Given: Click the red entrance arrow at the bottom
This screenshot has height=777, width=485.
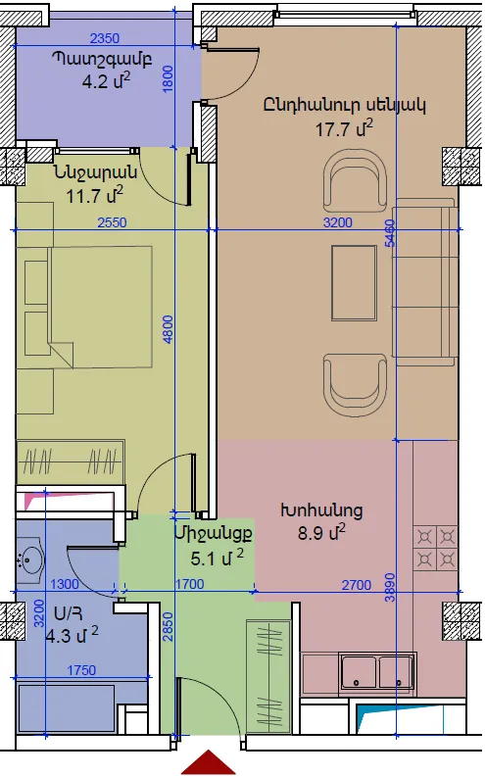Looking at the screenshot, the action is (208, 763).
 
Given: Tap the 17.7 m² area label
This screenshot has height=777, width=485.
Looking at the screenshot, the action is (344, 128).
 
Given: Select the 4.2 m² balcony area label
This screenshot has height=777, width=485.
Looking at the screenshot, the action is (106, 80).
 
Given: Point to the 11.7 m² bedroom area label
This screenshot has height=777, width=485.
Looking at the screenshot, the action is (94, 195).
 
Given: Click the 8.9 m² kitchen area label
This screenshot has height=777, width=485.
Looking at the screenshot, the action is (321, 533).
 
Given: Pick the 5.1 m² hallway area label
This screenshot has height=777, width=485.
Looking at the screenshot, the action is (217, 558).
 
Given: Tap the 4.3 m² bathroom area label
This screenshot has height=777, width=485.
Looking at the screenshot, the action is (72, 635).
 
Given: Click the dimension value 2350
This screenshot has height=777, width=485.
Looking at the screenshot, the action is (105, 38).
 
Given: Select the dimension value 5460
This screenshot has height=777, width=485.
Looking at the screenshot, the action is (390, 233).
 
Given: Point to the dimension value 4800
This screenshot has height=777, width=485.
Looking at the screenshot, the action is (169, 329).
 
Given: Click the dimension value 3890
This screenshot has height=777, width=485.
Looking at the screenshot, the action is (390, 588).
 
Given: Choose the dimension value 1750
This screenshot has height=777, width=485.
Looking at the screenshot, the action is (81, 670).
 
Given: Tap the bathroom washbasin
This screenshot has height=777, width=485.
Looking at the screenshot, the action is (29, 561).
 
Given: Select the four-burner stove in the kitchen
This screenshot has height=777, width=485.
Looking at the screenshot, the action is (435, 549).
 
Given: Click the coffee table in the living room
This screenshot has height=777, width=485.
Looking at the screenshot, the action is (354, 283).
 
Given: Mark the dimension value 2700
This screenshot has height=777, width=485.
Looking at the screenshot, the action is (357, 585).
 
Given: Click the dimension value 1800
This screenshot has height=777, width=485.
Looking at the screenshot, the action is (168, 78).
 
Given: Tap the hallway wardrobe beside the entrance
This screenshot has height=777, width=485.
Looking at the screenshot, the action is (268, 675).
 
